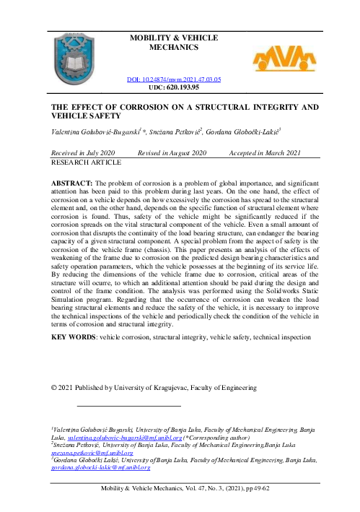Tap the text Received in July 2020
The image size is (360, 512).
84,154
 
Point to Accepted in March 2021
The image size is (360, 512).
264,154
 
